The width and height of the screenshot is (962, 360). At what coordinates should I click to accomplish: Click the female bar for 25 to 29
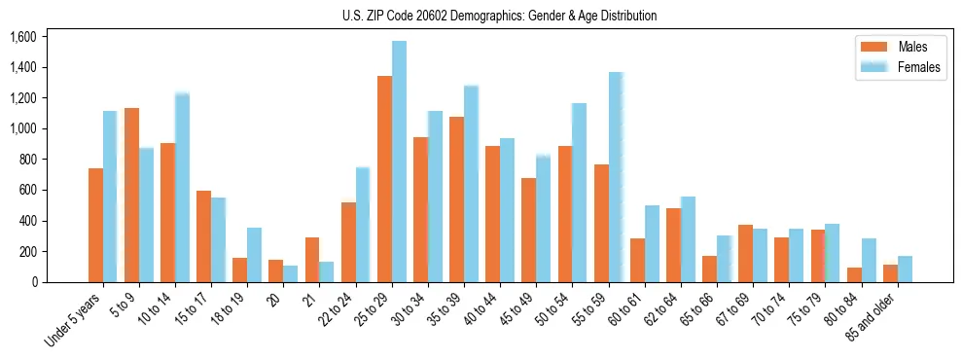[x=399, y=162]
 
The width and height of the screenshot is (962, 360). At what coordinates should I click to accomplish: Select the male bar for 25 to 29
[x=384, y=179]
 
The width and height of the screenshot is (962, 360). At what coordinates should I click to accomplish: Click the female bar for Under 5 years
[x=110, y=197]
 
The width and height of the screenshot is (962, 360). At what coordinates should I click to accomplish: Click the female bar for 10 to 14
[x=182, y=188]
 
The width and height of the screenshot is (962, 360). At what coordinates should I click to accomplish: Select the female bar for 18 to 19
[x=254, y=255]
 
